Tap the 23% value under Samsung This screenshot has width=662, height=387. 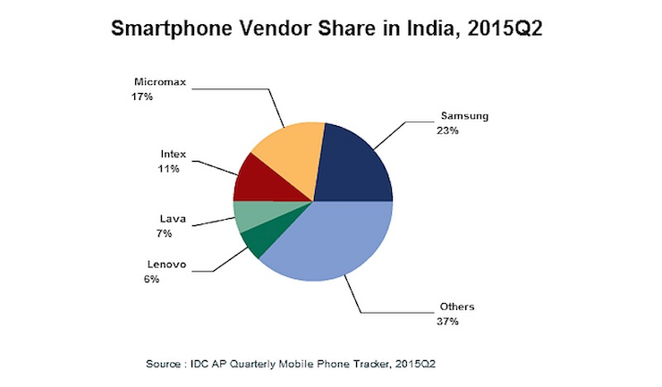click(x=449, y=131)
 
